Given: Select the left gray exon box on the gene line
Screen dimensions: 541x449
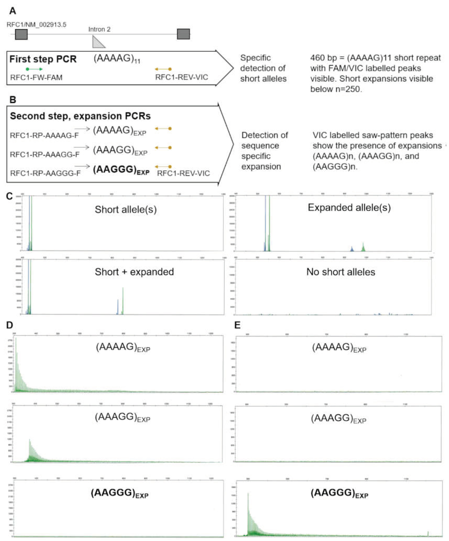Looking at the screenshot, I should pos(21,34).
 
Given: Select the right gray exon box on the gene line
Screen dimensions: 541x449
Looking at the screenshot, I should pos(183,34).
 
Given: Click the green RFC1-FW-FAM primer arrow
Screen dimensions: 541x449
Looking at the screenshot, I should pos(34,69).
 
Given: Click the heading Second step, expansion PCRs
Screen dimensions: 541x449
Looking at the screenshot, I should pos(80,116).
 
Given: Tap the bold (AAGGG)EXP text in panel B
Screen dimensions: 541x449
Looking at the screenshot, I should pos(121,170).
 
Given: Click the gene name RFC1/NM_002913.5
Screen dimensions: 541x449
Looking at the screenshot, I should pos(36,25).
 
